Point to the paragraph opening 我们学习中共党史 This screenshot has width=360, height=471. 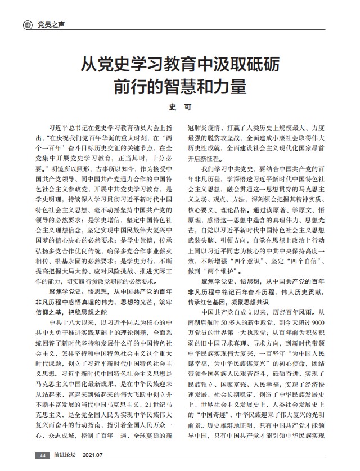pyautogui.click(x=231, y=168)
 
